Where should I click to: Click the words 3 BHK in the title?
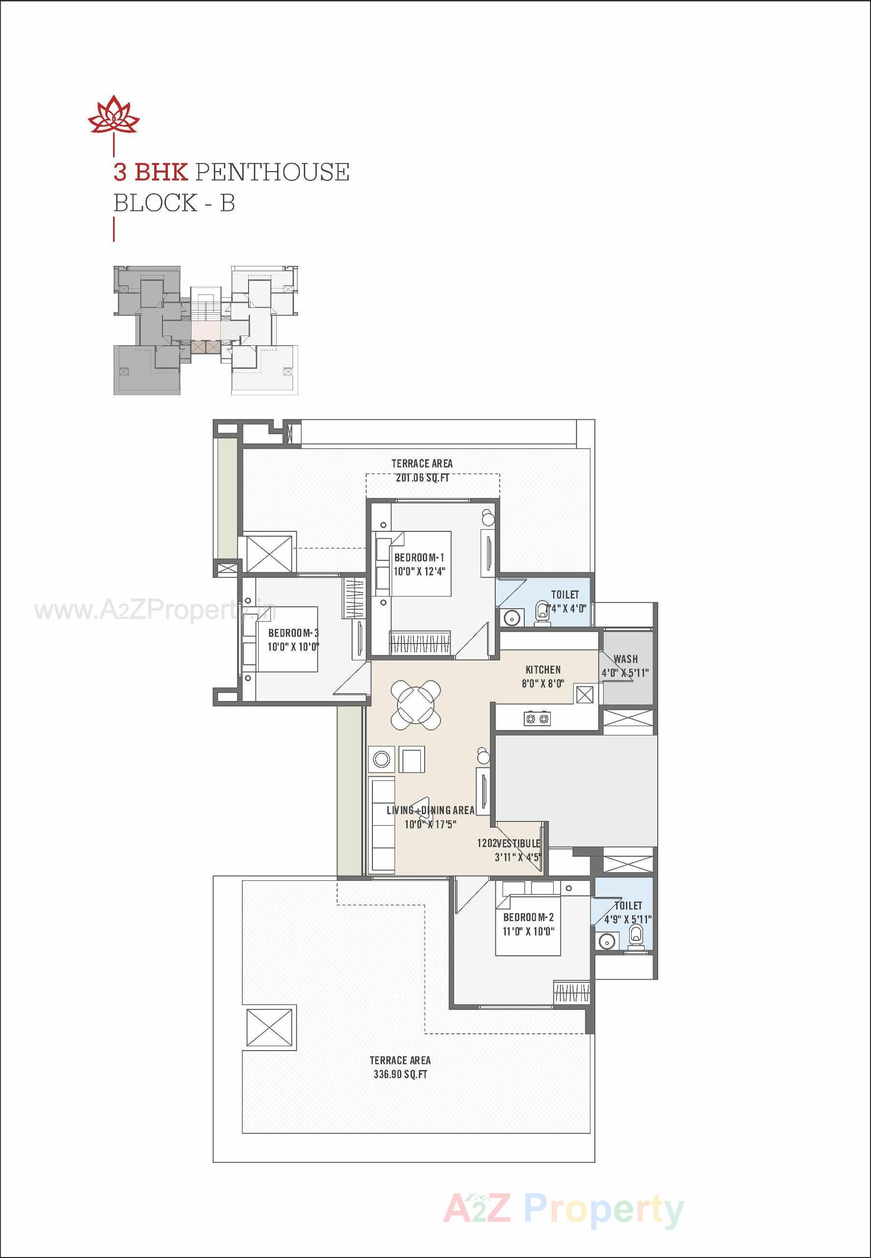coord(150,172)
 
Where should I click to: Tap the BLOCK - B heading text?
coord(174,203)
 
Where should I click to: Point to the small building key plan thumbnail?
coord(206,330)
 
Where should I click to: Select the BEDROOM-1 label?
coord(419,557)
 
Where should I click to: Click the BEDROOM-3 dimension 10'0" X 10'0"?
coord(293,647)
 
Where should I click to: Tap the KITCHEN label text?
coord(543,669)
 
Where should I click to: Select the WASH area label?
coord(625,659)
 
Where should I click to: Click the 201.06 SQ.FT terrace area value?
coord(422,478)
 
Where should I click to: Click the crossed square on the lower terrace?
coord(269,1027)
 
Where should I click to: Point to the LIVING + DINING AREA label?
coord(430,810)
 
